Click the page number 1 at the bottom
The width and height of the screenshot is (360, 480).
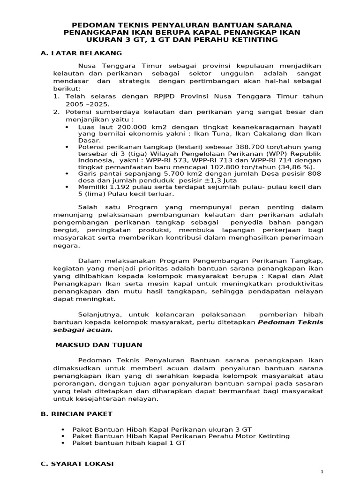tap(322, 471)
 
